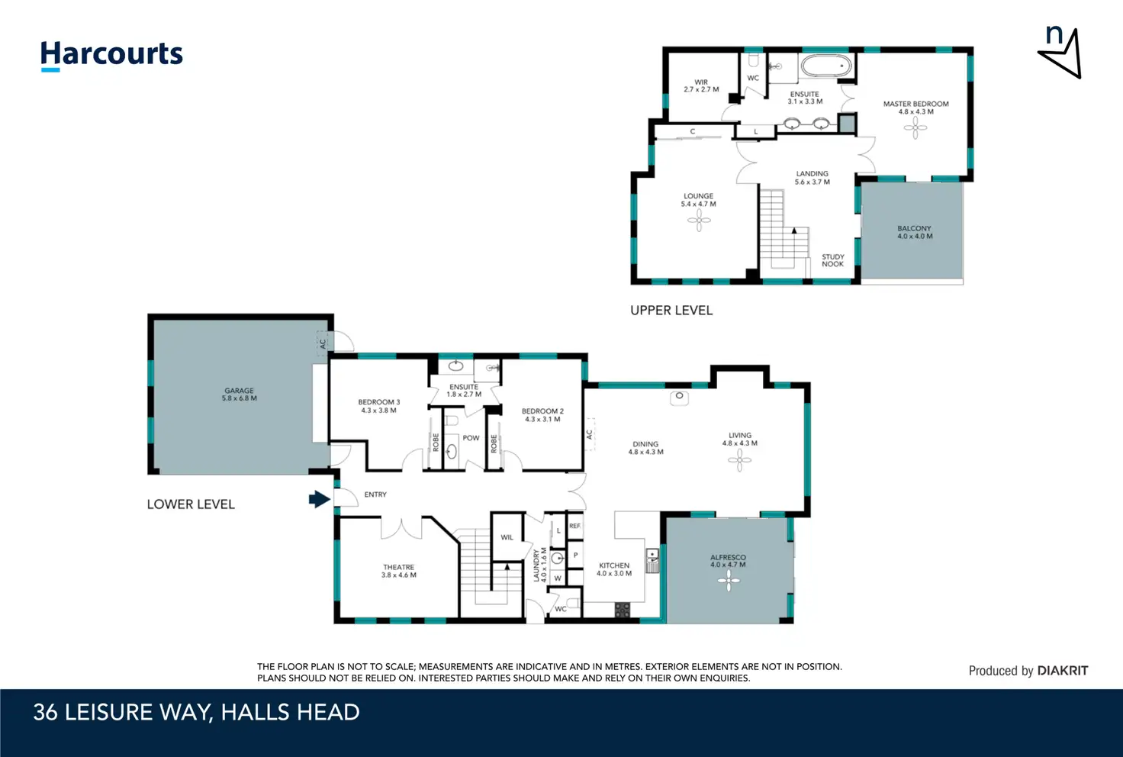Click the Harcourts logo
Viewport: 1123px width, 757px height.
pos(111,56)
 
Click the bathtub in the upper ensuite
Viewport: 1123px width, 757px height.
pos(825,66)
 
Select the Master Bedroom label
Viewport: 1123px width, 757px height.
pos(916,108)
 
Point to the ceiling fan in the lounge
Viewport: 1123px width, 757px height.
pos(699,220)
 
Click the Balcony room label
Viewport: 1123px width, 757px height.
pos(915,232)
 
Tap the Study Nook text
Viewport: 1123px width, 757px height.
pos(833,260)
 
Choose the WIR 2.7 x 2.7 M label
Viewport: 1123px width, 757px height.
pos(701,85)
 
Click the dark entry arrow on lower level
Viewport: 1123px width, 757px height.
pos(320,499)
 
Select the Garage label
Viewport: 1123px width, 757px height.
pos(239,394)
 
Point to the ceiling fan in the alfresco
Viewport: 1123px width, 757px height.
pos(729,581)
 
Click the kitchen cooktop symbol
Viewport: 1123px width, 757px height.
pos(623,610)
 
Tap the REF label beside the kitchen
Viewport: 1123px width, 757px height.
pos(575,526)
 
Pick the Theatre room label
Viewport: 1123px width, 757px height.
pos(398,571)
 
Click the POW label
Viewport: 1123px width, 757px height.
pos(471,438)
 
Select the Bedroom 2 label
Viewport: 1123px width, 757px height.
pos(542,415)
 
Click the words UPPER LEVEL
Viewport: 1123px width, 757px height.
pos(671,311)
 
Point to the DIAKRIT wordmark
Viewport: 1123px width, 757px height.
pos(1063,670)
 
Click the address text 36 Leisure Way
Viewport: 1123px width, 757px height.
pos(124,713)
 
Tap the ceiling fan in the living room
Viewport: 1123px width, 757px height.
pos(739,459)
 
